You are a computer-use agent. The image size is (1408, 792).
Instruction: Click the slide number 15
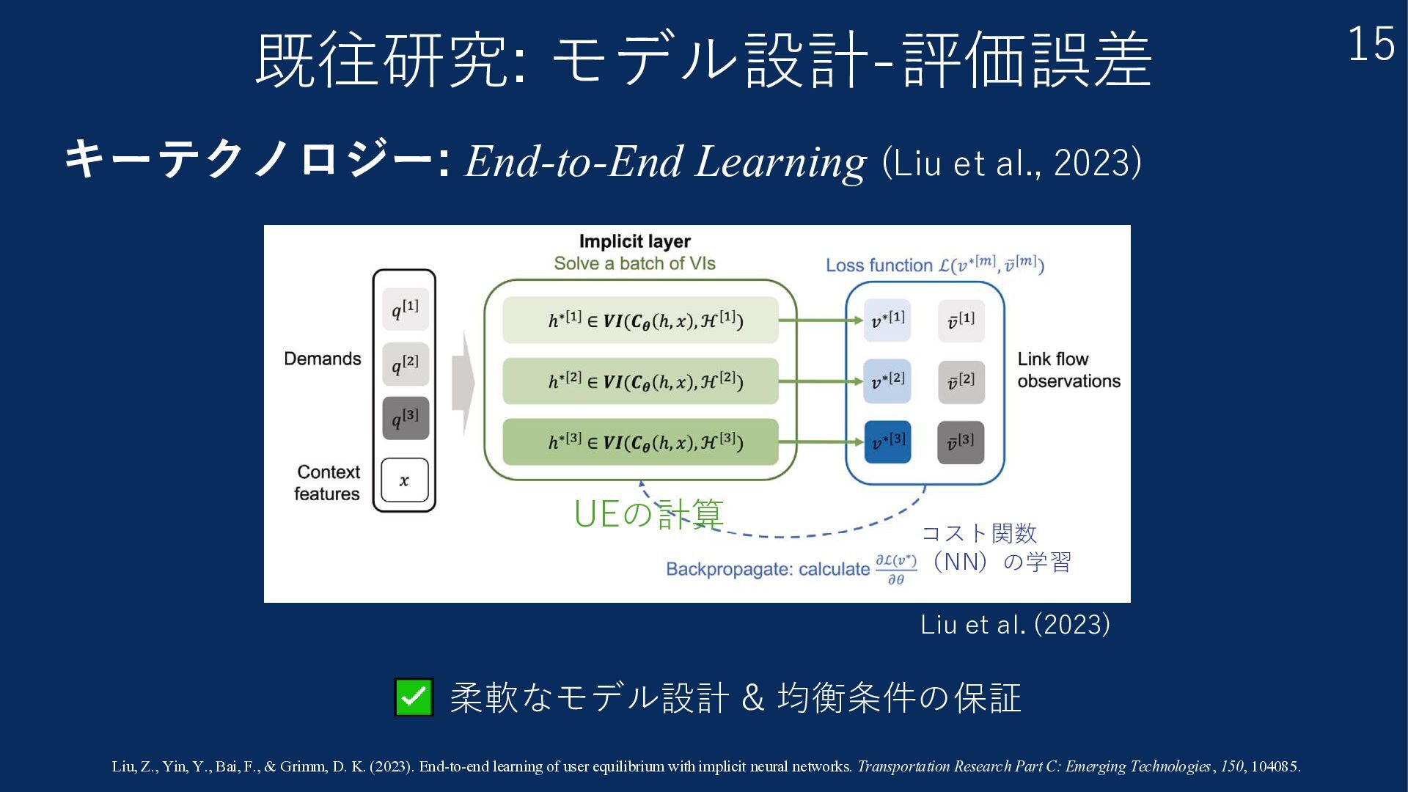[1371, 45]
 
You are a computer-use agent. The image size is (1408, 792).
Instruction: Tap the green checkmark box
[414, 697]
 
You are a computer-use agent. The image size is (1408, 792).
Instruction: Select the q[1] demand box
[405, 309]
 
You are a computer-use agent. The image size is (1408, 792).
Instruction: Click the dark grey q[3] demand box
[405, 418]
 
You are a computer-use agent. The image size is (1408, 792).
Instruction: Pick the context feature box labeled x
[404, 480]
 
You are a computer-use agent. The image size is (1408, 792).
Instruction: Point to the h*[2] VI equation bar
[640, 381]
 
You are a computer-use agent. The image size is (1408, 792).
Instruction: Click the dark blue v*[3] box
[887, 442]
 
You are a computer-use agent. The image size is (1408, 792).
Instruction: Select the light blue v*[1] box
[887, 320]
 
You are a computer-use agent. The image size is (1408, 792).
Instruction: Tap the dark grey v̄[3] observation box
[961, 442]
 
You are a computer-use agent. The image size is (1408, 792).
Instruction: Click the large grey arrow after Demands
[463, 383]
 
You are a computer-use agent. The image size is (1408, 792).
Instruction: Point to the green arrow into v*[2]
[821, 381]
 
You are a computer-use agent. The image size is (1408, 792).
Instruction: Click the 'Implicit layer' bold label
[634, 241]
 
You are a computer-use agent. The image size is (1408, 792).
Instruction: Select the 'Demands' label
[323, 359]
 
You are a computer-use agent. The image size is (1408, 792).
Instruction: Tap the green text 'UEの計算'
[648, 514]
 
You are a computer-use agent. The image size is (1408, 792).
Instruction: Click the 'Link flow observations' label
[1068, 370]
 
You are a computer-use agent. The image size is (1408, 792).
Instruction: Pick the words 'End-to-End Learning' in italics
[665, 161]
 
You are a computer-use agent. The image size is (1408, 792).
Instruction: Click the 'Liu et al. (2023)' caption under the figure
[1015, 625]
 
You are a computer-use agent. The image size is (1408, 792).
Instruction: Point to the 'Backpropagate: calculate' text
[768, 569]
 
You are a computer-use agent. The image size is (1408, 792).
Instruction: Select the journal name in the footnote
[1034, 766]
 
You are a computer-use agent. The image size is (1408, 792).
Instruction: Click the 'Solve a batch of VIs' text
[634, 263]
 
